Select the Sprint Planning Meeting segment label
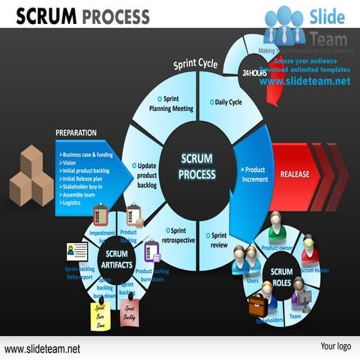click(x=171, y=103)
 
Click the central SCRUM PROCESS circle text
click(x=197, y=166)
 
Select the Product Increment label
click(x=254, y=175)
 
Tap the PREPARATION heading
click(x=76, y=133)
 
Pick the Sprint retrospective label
click(x=178, y=235)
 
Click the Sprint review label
click(x=217, y=240)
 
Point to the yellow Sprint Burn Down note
click(x=100, y=315)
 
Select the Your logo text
click(x=335, y=346)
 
